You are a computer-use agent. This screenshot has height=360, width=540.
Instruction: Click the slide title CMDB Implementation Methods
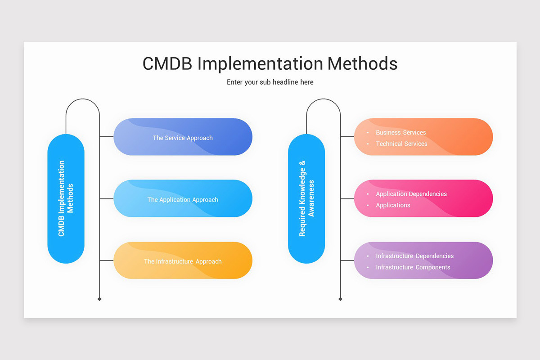(270, 63)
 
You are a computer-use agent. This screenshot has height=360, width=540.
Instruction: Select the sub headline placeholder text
(270, 82)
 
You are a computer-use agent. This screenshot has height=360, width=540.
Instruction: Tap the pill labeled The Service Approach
(183, 137)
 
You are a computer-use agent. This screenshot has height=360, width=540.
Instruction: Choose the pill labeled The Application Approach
(183, 199)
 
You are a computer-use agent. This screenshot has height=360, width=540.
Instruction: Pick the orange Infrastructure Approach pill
(183, 261)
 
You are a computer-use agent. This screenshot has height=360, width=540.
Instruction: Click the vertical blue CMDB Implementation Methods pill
(66, 198)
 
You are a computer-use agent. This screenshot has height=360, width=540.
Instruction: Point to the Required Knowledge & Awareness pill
(306, 198)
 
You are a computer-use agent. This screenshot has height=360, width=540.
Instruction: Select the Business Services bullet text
(400, 132)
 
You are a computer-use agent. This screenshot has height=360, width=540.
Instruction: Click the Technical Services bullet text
(401, 144)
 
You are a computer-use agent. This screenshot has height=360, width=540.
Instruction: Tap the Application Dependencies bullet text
(411, 194)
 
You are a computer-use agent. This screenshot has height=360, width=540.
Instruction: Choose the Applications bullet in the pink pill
(393, 205)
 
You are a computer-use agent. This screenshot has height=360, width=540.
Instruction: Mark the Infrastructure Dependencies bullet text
(414, 256)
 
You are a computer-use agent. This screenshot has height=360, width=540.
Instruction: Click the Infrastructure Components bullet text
(413, 267)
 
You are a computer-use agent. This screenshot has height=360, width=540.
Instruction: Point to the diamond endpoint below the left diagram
(99, 299)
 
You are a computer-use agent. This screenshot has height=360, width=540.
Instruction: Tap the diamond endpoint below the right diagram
(340, 299)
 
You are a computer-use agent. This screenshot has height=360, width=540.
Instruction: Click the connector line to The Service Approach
(107, 136)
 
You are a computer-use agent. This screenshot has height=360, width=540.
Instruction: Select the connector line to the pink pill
(347, 198)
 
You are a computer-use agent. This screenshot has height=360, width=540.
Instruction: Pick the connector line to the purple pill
(347, 260)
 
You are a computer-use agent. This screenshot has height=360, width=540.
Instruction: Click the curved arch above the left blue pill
(83, 99)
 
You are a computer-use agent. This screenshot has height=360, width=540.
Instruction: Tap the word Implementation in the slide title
(260, 63)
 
